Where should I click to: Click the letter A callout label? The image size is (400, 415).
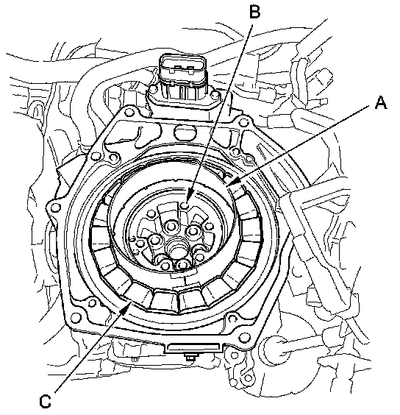381,102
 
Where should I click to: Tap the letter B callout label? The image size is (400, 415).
254,13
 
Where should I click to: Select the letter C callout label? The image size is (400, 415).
45,401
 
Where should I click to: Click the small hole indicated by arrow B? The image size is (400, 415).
186,205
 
